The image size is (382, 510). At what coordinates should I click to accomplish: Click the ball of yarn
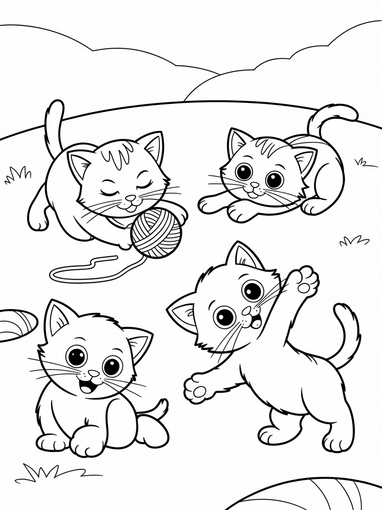click(x=157, y=233)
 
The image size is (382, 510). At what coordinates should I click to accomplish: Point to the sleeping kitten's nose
click(x=130, y=198)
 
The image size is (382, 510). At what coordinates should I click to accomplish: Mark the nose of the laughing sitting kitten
click(x=93, y=373)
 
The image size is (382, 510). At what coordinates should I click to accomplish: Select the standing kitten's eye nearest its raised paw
click(x=253, y=290)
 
